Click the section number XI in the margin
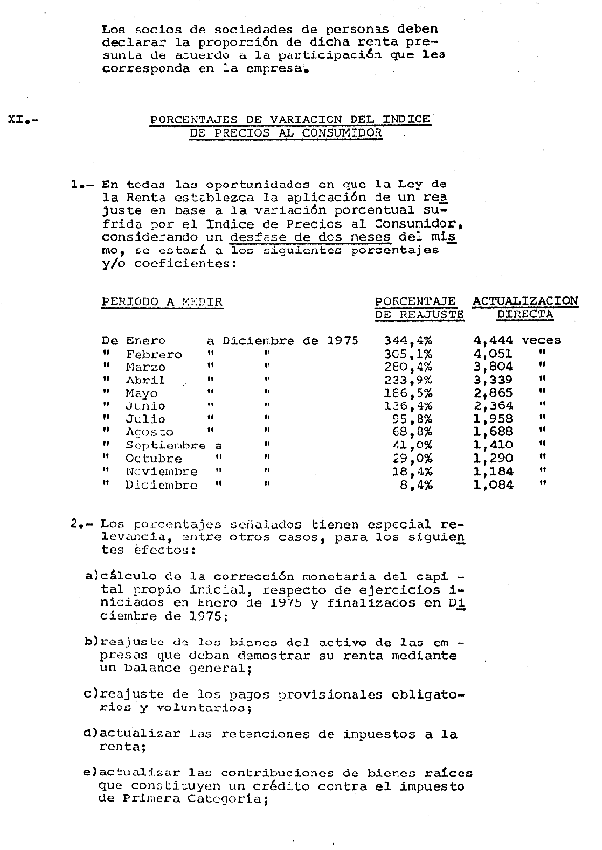click(16, 120)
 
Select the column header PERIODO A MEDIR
click(161, 302)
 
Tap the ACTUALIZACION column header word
click(525, 301)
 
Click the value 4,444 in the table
click(493, 340)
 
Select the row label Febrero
click(153, 354)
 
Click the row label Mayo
click(141, 393)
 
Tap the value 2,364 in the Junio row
click(493, 406)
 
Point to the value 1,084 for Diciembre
click(493, 485)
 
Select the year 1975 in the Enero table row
click(340, 340)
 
